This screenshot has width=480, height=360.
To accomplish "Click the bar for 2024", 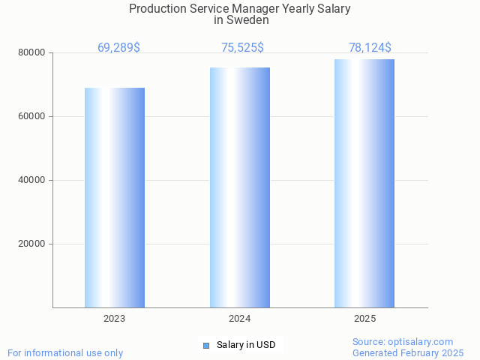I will point(240,187).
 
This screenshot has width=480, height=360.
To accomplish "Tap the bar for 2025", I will point(364,183).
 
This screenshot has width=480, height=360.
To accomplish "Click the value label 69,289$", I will point(118,48).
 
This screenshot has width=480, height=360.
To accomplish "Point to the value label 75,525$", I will point(242,48).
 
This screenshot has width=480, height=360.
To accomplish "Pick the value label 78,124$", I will point(370,48).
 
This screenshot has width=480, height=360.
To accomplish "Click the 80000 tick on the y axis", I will point(33,52).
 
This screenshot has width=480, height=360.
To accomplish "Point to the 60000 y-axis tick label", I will point(33,116).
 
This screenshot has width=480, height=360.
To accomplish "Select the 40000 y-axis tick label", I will point(33,180).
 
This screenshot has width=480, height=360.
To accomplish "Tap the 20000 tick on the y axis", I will point(33,244).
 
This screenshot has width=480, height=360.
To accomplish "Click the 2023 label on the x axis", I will point(115,319).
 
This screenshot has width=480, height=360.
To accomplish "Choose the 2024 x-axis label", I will point(240,319).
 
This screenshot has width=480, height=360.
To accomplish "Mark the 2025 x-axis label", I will point(364,319).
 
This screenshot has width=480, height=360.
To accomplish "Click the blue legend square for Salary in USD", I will point(206,345).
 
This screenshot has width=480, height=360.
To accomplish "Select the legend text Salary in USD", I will point(246,345).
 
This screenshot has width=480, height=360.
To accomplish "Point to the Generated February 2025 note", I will point(408,352).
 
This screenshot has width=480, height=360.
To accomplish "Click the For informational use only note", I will point(65,352).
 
